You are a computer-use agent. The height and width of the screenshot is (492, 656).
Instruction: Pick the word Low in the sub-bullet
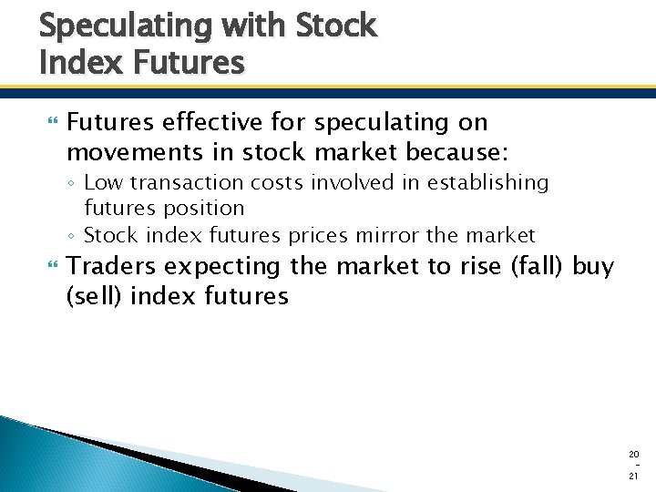101,183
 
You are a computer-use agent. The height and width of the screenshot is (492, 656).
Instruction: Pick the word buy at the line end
594,267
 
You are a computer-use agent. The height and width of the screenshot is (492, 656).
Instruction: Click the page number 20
634,454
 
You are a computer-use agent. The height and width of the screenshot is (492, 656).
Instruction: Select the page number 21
634,477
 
